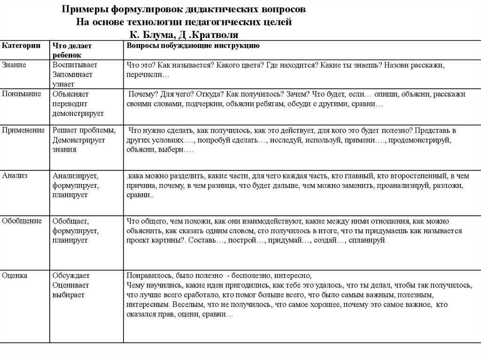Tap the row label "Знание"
[x=14, y=65]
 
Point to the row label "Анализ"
[x=15, y=176]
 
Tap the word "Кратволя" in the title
[x=217, y=34]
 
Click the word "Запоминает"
[x=72, y=74]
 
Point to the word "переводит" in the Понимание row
[x=69, y=104]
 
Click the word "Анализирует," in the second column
[x=75, y=176]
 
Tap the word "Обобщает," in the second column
[x=71, y=221]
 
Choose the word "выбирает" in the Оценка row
[x=69, y=295]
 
